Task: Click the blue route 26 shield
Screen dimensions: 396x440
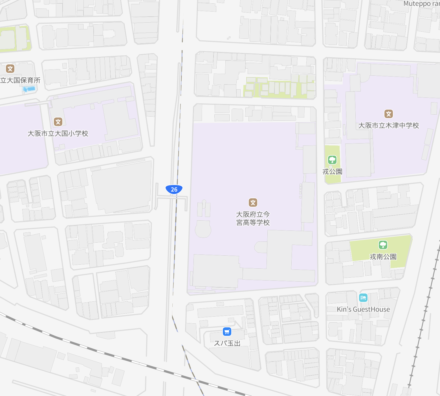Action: (174, 189)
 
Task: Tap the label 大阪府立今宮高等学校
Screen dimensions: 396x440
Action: (253, 218)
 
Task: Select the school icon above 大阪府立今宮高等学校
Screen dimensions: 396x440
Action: (253, 202)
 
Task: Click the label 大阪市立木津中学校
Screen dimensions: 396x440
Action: (388, 125)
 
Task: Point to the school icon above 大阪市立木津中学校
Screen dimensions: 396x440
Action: (389, 114)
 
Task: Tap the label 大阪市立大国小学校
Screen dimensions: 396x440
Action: (58, 133)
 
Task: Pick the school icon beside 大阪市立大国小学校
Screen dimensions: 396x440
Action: (58, 122)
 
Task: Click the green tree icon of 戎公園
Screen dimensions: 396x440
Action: (332, 160)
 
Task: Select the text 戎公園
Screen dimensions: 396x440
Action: (332, 171)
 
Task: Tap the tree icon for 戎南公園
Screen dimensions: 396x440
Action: (383, 245)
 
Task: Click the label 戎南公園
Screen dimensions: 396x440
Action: (383, 256)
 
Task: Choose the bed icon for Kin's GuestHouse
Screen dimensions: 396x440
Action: (363, 298)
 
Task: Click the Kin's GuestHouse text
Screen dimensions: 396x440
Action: (363, 309)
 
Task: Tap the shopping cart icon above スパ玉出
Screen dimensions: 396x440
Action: (227, 331)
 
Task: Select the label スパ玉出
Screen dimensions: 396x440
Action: (227, 343)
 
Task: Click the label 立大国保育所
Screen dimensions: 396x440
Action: (20, 80)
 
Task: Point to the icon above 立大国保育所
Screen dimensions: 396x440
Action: (10, 69)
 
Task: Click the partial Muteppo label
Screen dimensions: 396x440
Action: (421, 4)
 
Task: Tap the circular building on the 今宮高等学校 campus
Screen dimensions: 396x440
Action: (203, 229)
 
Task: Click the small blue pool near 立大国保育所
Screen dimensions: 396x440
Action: (29, 89)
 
